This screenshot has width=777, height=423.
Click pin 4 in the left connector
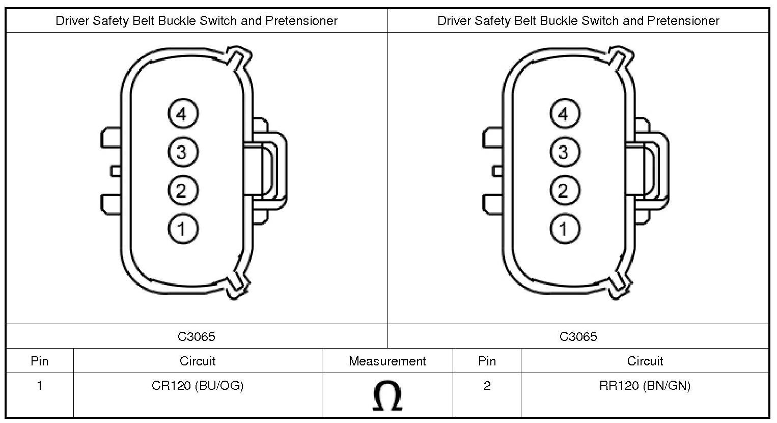[182, 114]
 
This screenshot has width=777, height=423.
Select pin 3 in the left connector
[182, 152]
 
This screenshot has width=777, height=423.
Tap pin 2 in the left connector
[182, 191]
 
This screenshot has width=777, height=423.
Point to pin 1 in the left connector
[182, 229]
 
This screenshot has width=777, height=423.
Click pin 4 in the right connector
[564, 114]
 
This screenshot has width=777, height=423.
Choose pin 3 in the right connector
[564, 152]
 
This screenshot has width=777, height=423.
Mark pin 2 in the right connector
[564, 191]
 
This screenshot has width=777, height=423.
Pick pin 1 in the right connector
[564, 229]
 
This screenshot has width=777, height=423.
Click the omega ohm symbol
[387, 396]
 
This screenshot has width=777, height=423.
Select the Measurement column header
[387, 361]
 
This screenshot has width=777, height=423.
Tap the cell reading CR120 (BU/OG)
[198, 386]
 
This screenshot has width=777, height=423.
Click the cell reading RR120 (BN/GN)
[645, 386]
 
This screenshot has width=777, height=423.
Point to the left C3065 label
[197, 336]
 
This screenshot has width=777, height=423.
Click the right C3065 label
[578, 336]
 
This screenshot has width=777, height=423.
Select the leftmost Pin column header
[40, 361]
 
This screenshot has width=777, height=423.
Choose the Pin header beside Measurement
[487, 361]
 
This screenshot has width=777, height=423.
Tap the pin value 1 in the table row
[40, 386]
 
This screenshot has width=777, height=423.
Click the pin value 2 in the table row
[487, 386]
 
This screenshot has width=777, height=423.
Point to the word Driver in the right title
[453, 21]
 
